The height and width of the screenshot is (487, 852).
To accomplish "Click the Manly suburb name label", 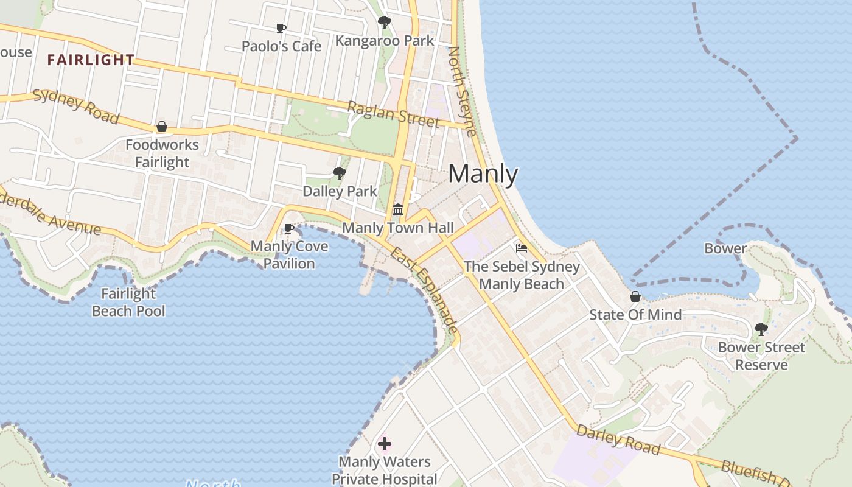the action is pos(483,175).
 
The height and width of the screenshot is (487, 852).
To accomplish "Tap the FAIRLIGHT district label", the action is pos(91,60).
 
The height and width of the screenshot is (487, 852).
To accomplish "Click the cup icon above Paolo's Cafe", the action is pos(281,29).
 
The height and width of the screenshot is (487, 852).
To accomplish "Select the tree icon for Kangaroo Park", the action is pos(384,23).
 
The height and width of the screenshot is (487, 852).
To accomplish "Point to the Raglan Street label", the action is pos(393,114).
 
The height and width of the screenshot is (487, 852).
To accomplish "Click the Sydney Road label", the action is pos(75,106).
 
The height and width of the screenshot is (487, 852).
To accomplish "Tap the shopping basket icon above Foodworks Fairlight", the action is pos(162,127).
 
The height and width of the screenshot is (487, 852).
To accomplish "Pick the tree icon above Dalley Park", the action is pos(340,174).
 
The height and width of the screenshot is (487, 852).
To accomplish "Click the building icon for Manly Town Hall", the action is pos(398,210).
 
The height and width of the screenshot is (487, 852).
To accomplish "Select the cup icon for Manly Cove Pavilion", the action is pos(289,229).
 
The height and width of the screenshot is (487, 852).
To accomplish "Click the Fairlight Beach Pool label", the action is pos(128,302).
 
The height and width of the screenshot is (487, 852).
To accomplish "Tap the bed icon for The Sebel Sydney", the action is pos(522,248).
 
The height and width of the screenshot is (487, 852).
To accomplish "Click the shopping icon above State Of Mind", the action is pos(635,296).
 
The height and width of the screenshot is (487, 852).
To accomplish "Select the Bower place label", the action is pos(725,248).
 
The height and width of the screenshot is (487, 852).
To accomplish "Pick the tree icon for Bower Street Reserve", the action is pos(761,329).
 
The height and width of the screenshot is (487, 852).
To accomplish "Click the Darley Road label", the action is pos(618,440).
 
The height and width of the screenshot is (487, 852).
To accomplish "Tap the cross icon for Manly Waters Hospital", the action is pos(384,444).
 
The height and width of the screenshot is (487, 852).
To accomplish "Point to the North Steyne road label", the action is pos(462,91).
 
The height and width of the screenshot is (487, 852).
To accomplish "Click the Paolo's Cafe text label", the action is pos(281,46).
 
